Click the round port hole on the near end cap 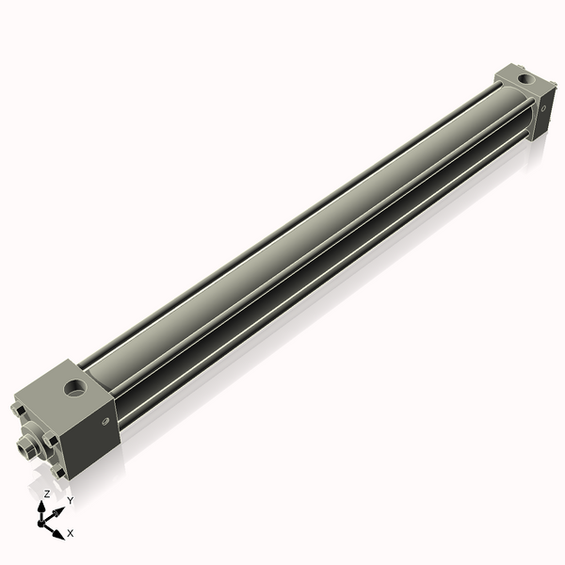click(73, 386)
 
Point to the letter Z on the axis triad click(47, 493)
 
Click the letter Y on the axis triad click(70, 500)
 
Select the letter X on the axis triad click(70, 533)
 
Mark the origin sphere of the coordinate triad click(43, 520)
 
